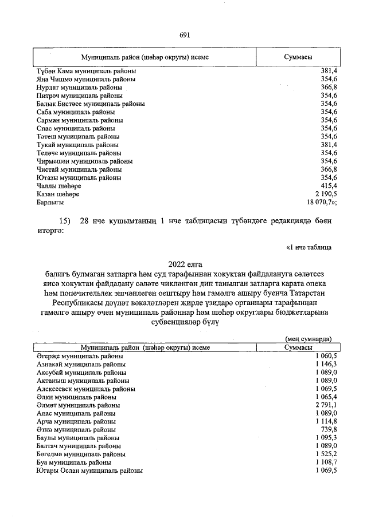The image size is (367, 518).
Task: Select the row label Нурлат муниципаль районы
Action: [79, 88]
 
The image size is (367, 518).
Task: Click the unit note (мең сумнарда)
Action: [308, 339]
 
